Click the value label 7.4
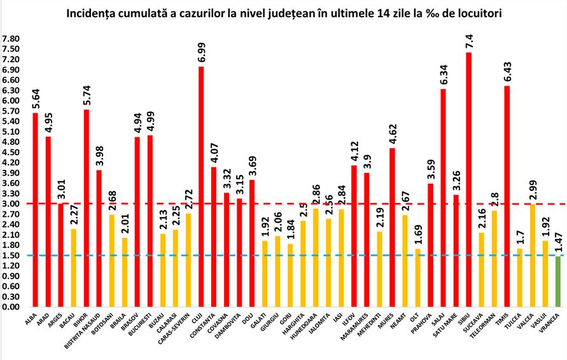(x=469, y=41)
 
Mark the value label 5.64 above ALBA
(x=36, y=97)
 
